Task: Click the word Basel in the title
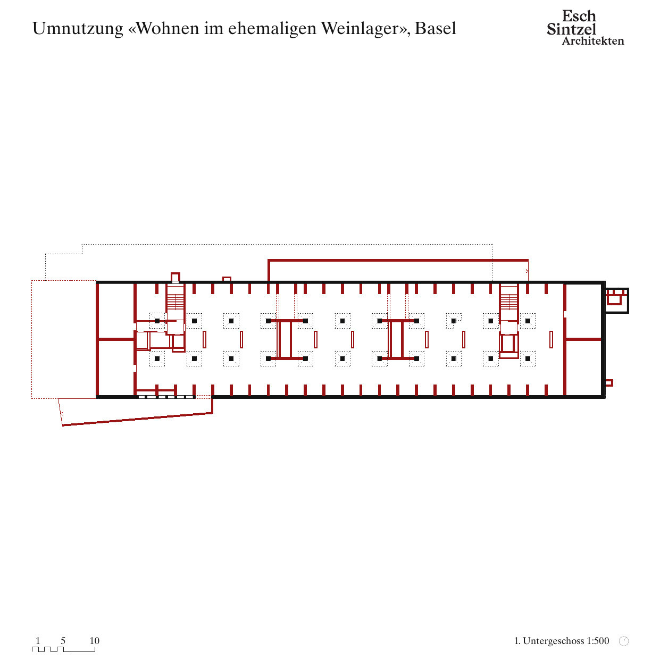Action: (435, 28)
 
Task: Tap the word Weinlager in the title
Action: (361, 29)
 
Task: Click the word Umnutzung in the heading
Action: (78, 29)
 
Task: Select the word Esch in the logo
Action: (579, 16)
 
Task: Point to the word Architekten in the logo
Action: (593, 41)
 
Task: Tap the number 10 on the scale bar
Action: (95, 640)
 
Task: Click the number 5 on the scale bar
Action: (63, 640)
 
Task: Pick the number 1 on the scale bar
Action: (38, 640)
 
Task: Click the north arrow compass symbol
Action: (624, 641)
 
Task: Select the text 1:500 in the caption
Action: (598, 641)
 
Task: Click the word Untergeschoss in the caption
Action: (553, 641)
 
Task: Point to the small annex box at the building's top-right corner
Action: (616, 300)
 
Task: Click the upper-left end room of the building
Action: (116, 311)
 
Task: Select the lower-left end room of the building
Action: (116, 367)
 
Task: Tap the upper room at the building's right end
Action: (583, 311)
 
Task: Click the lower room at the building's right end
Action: (583, 367)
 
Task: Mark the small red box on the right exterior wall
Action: (609, 383)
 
